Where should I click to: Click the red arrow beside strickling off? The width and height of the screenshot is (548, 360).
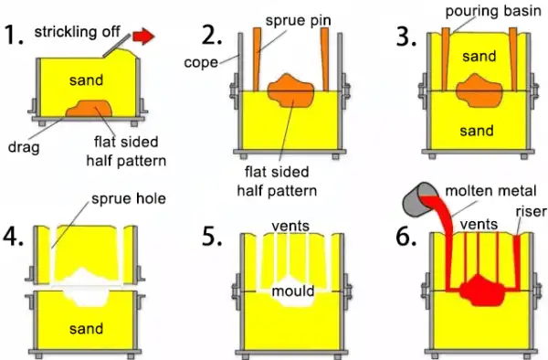(x=143, y=37)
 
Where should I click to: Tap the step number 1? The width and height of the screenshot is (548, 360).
(x=14, y=35)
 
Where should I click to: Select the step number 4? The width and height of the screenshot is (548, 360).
(x=14, y=237)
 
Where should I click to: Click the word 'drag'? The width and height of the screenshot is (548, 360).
(x=24, y=147)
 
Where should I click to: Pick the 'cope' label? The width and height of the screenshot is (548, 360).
(x=201, y=63)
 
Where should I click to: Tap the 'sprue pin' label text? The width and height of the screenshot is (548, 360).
(x=298, y=21)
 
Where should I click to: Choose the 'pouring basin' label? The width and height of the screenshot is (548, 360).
(x=493, y=11)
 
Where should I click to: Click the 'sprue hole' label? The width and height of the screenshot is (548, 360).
(x=128, y=198)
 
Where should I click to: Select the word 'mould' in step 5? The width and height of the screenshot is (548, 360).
(x=293, y=291)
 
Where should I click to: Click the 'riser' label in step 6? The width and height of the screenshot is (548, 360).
(x=532, y=211)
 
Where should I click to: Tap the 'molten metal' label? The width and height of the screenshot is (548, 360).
(x=490, y=191)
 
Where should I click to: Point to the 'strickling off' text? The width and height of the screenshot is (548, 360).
(x=78, y=31)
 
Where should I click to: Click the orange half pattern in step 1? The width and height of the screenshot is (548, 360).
(x=90, y=109)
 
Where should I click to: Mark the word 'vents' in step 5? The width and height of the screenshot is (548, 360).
(x=290, y=226)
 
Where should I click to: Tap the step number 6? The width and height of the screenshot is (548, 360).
(x=406, y=237)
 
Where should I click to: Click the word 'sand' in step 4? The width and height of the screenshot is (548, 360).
(x=87, y=329)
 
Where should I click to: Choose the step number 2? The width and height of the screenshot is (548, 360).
(x=212, y=35)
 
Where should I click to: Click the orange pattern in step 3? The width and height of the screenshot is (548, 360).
(x=479, y=90)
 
